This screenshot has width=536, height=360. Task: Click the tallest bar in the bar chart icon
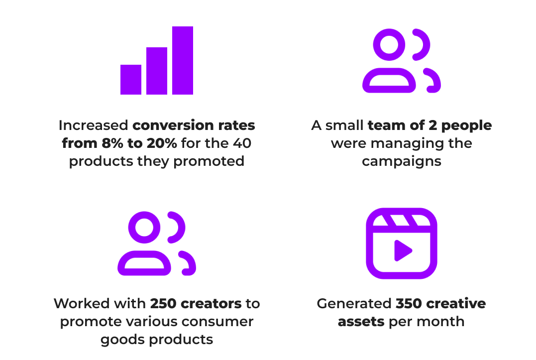click(183, 60)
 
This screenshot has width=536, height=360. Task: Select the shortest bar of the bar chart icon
click(131, 79)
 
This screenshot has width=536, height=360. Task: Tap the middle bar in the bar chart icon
click(157, 71)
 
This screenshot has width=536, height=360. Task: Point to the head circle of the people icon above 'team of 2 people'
click(389, 45)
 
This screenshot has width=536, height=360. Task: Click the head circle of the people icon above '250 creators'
click(144, 228)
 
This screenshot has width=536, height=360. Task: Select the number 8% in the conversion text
click(112, 143)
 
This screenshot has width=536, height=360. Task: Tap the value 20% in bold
click(162, 143)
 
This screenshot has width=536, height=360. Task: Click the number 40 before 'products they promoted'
click(242, 143)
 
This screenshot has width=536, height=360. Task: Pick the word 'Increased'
click(94, 125)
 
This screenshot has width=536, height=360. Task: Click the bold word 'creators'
click(211, 304)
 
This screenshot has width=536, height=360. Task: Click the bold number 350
click(409, 304)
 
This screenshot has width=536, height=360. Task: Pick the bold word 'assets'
click(361, 322)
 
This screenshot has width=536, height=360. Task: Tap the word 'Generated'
click(354, 304)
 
